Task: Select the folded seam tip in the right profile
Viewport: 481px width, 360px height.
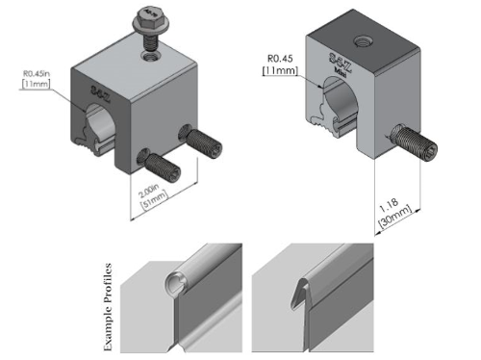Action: coord(302,282)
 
